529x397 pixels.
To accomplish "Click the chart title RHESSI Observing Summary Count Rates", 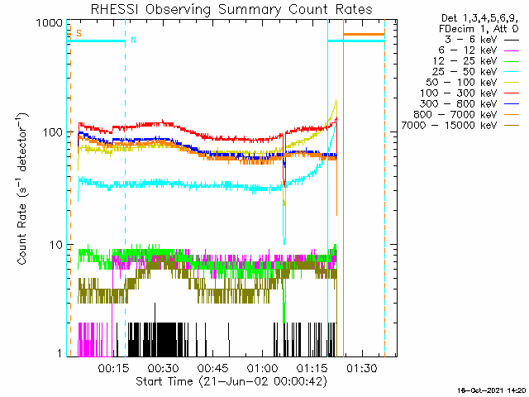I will pos(231,9).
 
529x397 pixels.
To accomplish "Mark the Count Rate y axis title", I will pos(24,189).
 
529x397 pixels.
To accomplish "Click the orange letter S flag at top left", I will pos(79,34).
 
